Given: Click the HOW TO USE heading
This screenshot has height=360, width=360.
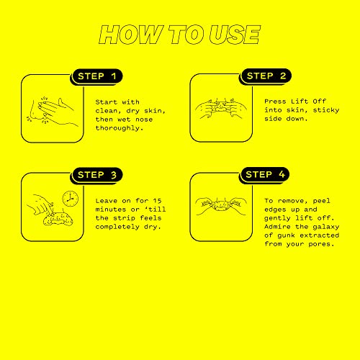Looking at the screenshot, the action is (180, 35).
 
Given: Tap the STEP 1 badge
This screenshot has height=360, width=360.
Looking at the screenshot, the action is (96, 76).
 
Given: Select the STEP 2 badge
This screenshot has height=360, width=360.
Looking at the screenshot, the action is (266, 76).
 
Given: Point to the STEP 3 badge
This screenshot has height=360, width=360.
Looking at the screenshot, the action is (97, 175).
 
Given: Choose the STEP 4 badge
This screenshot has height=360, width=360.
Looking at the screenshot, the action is (265, 174).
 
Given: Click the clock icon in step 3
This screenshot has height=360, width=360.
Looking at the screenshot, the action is (71, 199).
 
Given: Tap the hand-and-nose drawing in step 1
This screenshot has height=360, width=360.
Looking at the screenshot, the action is (52, 111).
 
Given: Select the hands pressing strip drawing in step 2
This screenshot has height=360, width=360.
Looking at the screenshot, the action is (220, 109).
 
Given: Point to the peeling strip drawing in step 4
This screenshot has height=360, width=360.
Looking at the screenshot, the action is (221, 205).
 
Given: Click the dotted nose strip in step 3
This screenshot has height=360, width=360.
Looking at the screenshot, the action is (58, 219).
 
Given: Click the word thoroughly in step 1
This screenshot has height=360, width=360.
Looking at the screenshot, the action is (120, 128).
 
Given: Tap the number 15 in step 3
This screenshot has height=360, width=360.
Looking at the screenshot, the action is (158, 201).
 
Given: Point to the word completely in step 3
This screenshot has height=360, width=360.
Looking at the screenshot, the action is (117, 227).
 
